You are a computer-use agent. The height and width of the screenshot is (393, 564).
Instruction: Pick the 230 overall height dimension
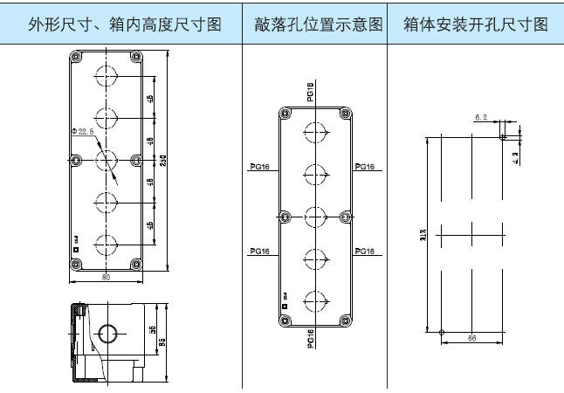[x=162, y=162]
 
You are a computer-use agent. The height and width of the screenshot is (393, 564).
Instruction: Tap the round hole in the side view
[x=109, y=333]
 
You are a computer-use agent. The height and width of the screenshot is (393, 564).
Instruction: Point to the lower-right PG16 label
[x=364, y=252]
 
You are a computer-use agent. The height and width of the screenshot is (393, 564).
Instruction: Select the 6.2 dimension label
[x=481, y=116]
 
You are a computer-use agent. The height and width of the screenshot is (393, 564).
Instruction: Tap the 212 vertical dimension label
[x=422, y=233]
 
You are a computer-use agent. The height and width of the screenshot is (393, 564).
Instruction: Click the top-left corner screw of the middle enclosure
[x=284, y=113]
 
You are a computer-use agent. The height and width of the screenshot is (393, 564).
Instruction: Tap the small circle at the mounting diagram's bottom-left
[x=443, y=332]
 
